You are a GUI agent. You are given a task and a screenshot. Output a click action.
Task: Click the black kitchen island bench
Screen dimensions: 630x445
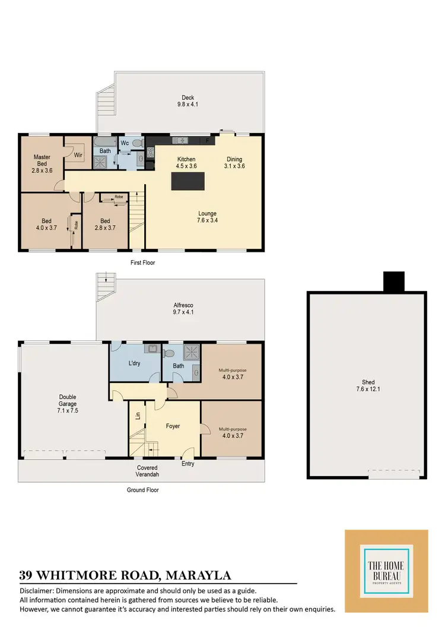pos(190,181)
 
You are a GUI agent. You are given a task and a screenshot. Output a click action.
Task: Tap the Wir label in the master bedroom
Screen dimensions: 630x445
pos(78,154)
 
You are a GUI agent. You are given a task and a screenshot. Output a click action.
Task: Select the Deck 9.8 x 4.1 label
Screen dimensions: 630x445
pos(187,102)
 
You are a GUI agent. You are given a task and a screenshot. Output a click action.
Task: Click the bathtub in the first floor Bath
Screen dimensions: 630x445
pos(104,143)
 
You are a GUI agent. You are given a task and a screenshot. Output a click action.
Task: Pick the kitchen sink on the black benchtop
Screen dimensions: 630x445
pos(179,140)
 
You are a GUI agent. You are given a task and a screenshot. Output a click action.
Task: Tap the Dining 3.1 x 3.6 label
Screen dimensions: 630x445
pos(235,163)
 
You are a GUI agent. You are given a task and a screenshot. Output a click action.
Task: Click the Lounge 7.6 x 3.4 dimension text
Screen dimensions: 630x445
pos(207,220)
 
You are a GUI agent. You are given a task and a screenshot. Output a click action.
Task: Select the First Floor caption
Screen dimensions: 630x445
pos(142,262)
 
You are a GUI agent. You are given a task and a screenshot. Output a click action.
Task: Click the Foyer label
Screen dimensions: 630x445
pos(173,426)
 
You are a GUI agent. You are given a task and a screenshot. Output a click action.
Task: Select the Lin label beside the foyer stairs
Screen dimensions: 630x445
pos(138,416)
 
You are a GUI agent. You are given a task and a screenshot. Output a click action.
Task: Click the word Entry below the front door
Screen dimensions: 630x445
pos(187,464)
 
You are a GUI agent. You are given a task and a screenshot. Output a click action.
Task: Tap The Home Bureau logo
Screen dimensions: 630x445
pos(386,571)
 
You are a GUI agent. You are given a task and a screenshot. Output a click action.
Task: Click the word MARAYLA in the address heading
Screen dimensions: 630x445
pos(198,575)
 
